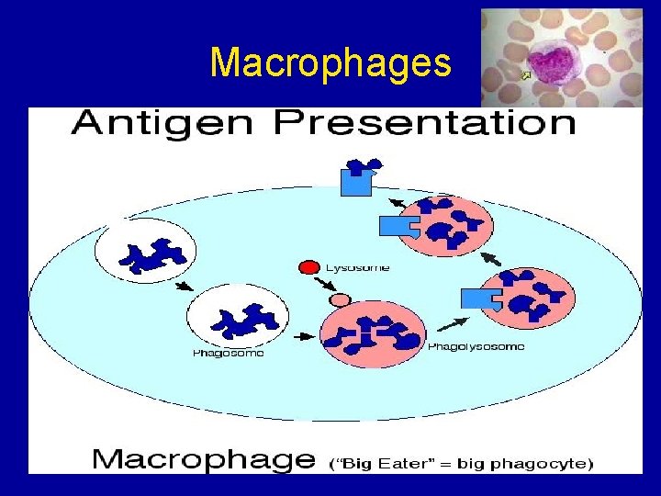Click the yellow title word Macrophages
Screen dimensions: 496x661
coord(330,63)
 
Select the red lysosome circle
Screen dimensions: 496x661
coord(309,268)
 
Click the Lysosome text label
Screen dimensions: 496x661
coord(358,268)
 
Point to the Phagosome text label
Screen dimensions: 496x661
coord(228,354)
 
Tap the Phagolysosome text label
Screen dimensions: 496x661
coord(476,347)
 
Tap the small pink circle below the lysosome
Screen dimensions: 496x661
coord(341,299)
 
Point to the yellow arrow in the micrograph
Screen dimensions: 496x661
coord(526,75)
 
